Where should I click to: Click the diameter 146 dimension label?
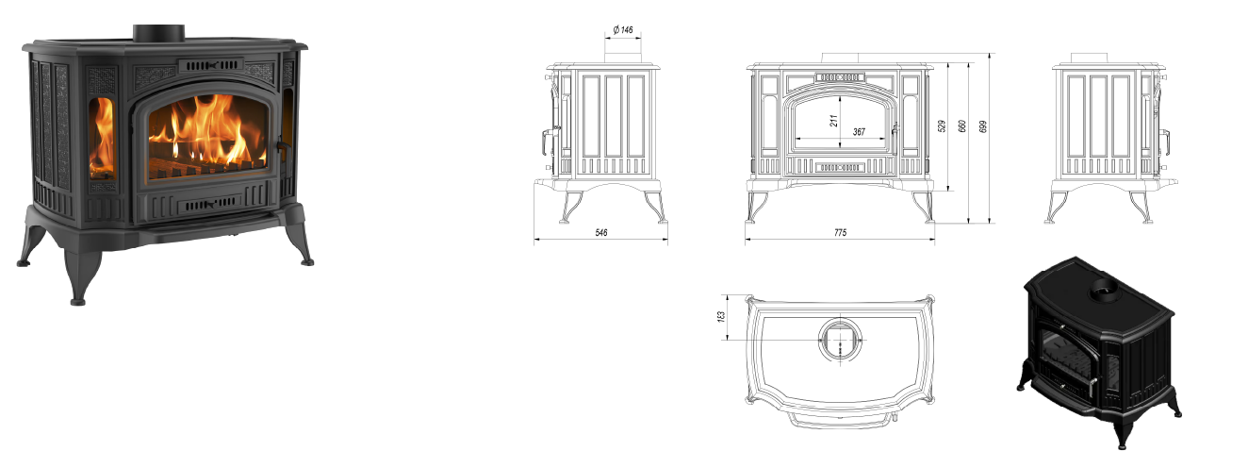pos(623,29)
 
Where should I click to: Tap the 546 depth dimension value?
pos(601,232)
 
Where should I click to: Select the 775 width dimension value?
pos(840,232)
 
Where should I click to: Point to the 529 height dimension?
pos(942,126)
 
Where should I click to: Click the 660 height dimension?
pos(962,126)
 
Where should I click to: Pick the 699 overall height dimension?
pos(983,126)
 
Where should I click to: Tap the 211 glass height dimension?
pos(833,121)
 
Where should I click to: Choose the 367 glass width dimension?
pos(859,132)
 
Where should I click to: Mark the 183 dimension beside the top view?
pos(720,317)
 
